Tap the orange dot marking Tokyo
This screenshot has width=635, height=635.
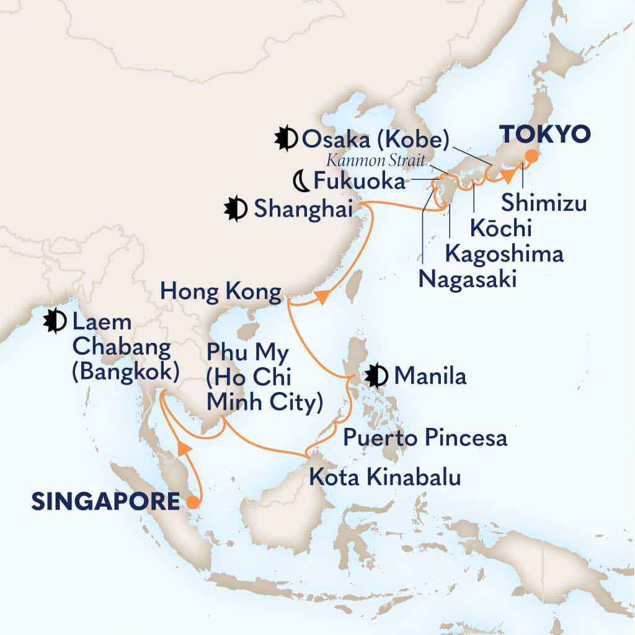click(531, 156)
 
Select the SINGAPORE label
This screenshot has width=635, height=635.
click(105, 501)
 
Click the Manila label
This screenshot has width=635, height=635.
click(430, 375)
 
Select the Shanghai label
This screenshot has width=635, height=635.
click(303, 210)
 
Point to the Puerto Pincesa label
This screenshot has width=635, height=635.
click(425, 438)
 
